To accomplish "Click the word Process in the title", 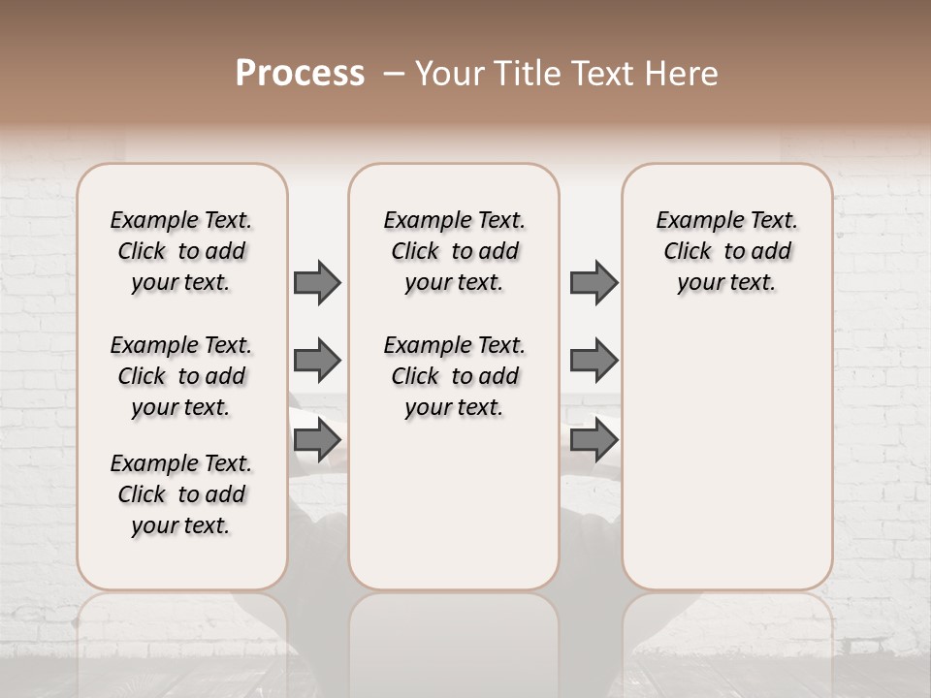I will (300, 74).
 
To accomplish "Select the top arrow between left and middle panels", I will (317, 282).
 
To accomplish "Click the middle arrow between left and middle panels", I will (317, 361).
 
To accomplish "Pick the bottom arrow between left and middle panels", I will (317, 440).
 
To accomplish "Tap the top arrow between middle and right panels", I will (594, 282).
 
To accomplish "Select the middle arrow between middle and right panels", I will (594, 361).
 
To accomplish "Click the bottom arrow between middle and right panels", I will (594, 440).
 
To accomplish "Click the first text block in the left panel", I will (181, 251).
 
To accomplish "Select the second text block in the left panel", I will (181, 376).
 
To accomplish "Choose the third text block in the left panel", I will (181, 494).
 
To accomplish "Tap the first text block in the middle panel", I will (454, 251).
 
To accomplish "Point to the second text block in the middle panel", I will (454, 376).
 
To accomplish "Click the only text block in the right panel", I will (727, 251).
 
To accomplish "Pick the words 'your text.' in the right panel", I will (727, 282).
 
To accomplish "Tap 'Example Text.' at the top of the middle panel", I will (454, 221).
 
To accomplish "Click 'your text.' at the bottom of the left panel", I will (181, 525).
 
